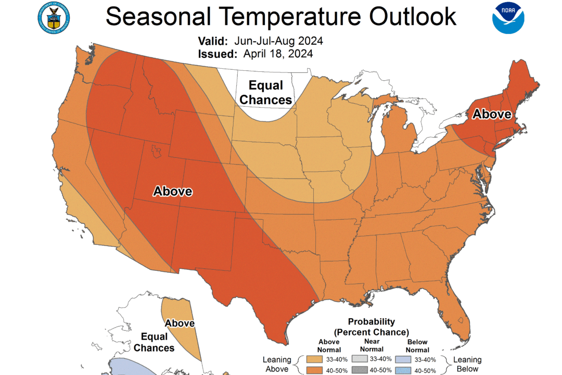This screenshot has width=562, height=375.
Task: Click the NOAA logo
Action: tap(508, 18)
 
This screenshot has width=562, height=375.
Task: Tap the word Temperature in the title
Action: tap(285, 17)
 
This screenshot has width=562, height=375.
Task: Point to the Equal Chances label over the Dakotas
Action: tap(266, 92)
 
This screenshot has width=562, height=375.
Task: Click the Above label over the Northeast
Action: tap(492, 114)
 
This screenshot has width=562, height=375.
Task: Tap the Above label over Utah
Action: tap(172, 191)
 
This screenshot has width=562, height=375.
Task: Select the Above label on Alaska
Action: tap(180, 323)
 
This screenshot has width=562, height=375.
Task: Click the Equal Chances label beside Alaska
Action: tap(154, 342)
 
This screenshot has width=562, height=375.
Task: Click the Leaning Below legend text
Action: tap(467, 364)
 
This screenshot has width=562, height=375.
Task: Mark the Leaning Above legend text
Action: tap(277, 364)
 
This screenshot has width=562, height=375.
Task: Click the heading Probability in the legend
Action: tap(371, 321)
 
